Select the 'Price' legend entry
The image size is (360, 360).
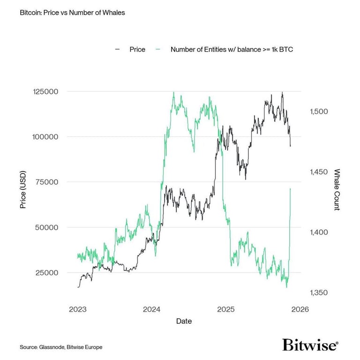pos(137,49)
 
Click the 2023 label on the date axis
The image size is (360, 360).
pos(77,309)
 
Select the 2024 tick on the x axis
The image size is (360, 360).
pos(152,309)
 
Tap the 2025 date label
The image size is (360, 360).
pos(226,309)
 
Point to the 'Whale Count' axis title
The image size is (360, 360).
pos(336,189)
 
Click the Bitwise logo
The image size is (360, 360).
pos(310,345)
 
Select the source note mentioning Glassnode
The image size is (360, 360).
pos(61,347)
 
